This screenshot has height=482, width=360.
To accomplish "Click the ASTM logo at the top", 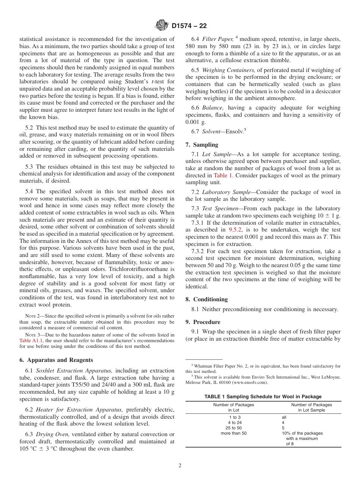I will click(x=162, y=26).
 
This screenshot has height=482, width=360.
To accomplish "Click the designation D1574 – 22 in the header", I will click(x=189, y=26).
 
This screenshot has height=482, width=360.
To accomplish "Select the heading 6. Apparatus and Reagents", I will click(x=56, y=360).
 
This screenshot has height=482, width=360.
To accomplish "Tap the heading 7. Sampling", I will click(x=202, y=145).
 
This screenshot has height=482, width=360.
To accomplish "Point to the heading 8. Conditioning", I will click(x=207, y=299).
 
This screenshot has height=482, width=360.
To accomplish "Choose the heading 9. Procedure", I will click(x=203, y=322).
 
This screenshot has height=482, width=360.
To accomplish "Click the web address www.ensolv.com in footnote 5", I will click(x=249, y=382).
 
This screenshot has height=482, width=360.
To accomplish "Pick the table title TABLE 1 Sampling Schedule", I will click(x=263, y=396).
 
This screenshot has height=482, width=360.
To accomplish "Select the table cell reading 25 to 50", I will click(x=233, y=428).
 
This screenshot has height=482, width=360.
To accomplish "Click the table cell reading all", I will click(x=284, y=417).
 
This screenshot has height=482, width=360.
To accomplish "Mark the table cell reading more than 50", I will click(x=233, y=433).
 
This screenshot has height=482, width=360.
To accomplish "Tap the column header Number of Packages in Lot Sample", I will click(x=311, y=407).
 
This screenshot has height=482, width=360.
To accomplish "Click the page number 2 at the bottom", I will click(x=180, y=466).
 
